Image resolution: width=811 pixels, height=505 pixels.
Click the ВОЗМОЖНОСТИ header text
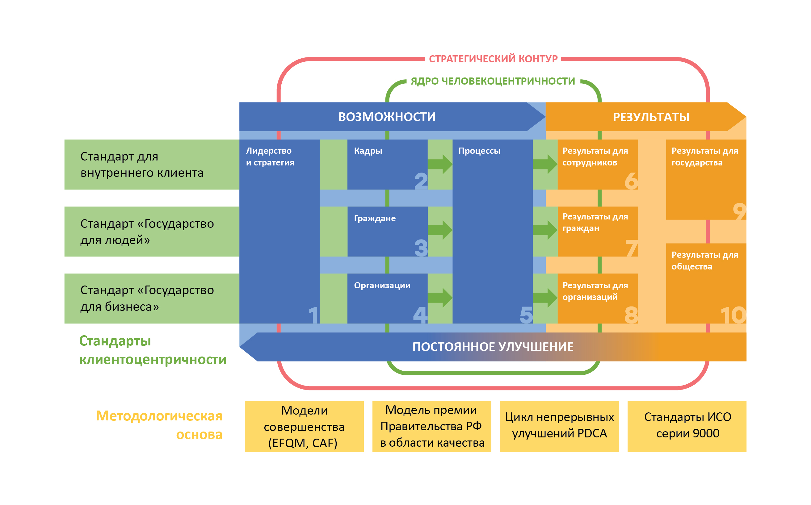tap(387, 117)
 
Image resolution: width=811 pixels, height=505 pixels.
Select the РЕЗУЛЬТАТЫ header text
tap(651, 117)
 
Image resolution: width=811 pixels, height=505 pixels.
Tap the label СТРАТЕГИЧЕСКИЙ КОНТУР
tap(493, 59)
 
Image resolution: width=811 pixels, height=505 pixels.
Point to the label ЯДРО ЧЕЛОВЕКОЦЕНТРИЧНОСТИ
tap(493, 81)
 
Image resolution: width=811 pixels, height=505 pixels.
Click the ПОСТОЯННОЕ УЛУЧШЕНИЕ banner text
tap(493, 347)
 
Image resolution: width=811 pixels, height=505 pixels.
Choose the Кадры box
tap(387, 164)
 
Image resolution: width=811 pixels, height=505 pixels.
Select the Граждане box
tap(387, 231)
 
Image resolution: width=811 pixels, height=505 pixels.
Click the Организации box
tap(387, 298)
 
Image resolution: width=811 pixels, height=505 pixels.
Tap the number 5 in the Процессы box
tap(526, 315)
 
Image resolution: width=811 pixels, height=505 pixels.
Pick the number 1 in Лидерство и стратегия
tap(313, 315)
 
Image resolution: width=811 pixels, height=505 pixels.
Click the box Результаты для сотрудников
tap(598, 164)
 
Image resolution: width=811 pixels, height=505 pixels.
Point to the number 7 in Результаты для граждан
tap(631, 248)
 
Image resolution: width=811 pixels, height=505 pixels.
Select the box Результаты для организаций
tap(598, 298)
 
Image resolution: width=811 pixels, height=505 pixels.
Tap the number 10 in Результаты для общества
tap(733, 315)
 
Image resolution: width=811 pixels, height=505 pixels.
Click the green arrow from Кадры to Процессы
tap(440, 164)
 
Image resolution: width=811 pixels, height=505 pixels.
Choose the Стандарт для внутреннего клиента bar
tap(152, 164)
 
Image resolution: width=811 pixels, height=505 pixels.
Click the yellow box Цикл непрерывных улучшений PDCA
tap(559, 426)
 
